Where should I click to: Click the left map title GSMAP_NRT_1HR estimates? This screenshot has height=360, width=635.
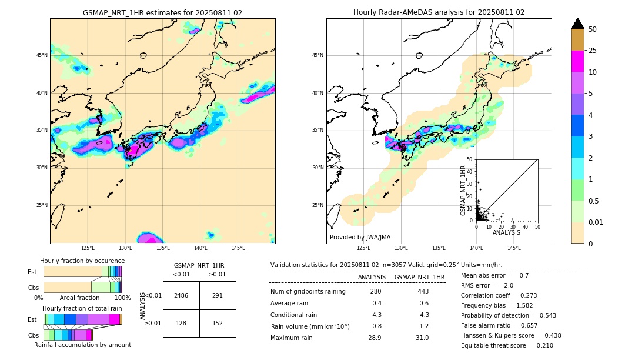(x=162, y=12)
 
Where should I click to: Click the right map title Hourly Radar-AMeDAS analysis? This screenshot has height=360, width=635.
(x=439, y=12)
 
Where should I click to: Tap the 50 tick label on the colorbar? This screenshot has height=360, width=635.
(x=593, y=29)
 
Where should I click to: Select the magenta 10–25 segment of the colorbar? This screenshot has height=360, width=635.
(x=577, y=61)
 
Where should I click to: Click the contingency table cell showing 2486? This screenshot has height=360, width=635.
(x=181, y=295)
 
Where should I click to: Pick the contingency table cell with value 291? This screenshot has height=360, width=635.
(x=218, y=295)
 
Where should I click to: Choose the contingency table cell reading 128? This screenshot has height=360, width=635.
(x=181, y=323)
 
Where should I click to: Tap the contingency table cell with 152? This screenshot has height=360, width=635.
(x=218, y=323)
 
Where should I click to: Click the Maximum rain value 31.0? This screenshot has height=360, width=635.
(x=422, y=338)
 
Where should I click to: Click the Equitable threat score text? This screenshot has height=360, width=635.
(x=507, y=345)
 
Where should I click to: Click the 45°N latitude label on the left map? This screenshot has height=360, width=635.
(x=42, y=55)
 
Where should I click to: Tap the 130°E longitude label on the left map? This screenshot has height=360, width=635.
(x=125, y=248)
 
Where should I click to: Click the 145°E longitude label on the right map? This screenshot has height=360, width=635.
(x=514, y=248)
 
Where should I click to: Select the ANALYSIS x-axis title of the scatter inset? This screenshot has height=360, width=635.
(x=506, y=232)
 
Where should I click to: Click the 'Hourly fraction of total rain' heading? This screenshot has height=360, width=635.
(x=82, y=308)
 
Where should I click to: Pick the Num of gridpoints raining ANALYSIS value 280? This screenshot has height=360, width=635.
(x=376, y=291)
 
